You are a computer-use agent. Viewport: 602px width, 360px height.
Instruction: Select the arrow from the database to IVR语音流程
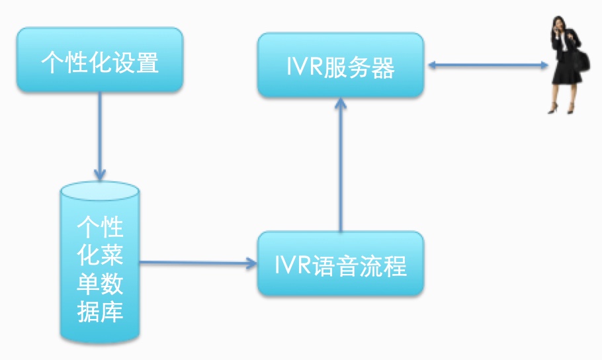click(198, 263)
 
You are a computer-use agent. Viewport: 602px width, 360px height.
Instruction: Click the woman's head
click(560, 22)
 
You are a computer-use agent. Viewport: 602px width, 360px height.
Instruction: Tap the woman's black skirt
click(566, 73)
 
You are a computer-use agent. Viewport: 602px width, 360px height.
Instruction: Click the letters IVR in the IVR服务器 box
click(301, 67)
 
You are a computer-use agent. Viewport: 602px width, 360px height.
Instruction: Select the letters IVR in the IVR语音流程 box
click(290, 265)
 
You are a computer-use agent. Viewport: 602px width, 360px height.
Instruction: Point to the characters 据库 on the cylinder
click(100, 310)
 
